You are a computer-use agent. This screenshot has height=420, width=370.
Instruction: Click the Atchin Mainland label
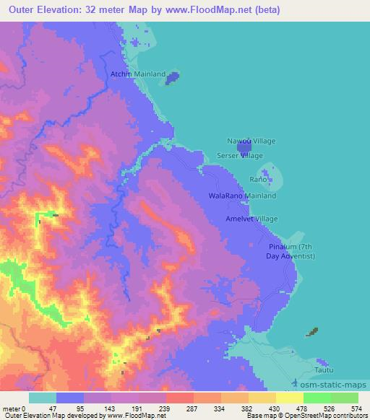pyautogui.click(x=137, y=74)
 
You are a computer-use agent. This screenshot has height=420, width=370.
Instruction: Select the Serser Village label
pyautogui.click(x=240, y=155)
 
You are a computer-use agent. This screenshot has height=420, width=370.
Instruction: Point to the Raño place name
pyautogui.click(x=258, y=179)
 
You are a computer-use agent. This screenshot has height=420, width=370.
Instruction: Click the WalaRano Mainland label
pyautogui.click(x=241, y=196)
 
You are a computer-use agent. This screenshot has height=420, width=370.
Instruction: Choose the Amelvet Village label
pyautogui.click(x=251, y=219)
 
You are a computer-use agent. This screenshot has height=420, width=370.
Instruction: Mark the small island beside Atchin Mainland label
pyautogui.click(x=172, y=78)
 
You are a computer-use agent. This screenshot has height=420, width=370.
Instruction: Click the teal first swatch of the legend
pyautogui.click(x=43, y=398)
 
